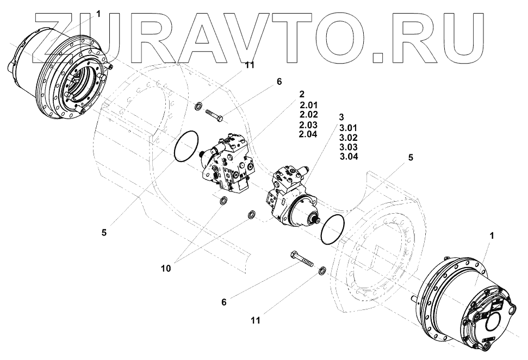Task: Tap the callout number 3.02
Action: point(348,138)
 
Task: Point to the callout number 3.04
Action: point(348,157)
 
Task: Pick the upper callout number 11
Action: point(250,65)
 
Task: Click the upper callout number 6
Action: point(279,82)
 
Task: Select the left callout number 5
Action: point(104,231)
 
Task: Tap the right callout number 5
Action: point(411,158)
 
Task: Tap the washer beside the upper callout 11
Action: point(200,104)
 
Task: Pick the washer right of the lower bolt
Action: point(322,270)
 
